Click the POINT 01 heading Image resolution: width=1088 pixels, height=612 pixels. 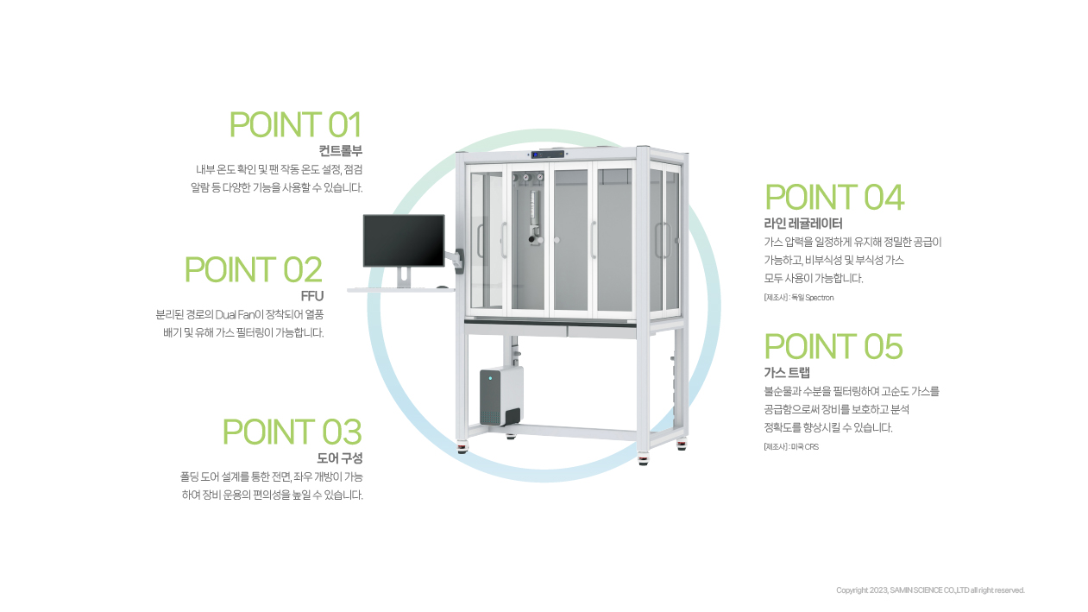pos(295,125)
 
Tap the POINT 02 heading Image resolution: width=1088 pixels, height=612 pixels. pos(254,270)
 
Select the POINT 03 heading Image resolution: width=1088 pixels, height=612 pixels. pos(292,432)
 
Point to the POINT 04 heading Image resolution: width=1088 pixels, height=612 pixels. pos(834,198)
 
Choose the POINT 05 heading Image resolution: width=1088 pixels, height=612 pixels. pos(833,347)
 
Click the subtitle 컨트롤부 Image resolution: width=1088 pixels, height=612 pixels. pos(341,151)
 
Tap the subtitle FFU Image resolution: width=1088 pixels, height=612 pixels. pos(311,296)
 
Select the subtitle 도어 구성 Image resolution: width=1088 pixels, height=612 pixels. pos(339,457)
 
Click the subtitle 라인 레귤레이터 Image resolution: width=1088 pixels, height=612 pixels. pos(803,224)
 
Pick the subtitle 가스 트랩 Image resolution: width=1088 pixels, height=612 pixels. pos(787,373)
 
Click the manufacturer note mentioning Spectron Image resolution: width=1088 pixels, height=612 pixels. pos(798,298)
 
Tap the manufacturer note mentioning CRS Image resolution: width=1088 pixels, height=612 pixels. pos(790,447)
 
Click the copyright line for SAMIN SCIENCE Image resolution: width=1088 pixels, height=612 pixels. pos(930,590)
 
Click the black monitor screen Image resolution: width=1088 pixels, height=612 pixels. pos(404,241)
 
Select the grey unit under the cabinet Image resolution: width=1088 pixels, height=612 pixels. pos(501,395)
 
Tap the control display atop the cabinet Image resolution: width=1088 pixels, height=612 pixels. pos(548,155)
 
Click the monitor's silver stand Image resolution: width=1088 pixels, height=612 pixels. pos(404,277)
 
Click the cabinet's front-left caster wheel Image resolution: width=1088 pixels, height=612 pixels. pos(462,448)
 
